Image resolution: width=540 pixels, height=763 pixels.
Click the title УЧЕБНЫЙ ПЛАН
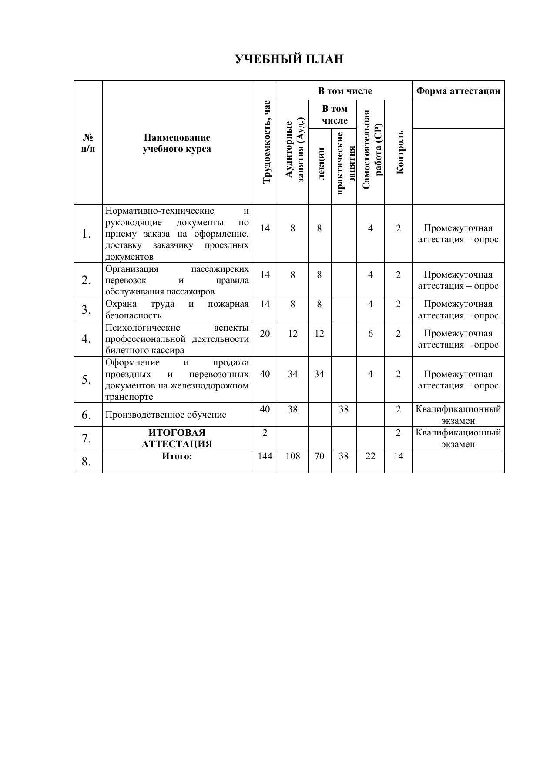(x=289, y=59)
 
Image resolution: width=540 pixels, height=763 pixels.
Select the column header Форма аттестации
(x=458, y=91)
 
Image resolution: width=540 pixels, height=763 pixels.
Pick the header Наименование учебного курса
(x=177, y=143)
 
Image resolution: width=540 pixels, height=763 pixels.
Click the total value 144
(x=265, y=456)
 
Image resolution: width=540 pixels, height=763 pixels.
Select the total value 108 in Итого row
(x=293, y=456)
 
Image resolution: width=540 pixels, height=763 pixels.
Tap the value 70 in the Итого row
(x=319, y=456)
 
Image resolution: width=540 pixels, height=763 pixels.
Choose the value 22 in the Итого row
(x=370, y=456)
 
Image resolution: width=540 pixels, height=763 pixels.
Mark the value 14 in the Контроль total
(x=398, y=456)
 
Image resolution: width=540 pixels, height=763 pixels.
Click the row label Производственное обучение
(x=166, y=415)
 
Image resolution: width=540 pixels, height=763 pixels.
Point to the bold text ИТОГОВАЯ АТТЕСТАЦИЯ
(x=177, y=438)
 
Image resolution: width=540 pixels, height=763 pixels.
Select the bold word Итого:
(x=177, y=456)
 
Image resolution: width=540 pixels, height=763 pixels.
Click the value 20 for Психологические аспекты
(x=265, y=333)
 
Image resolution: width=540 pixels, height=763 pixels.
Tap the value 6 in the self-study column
(x=370, y=333)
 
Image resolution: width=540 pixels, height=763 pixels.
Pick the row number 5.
(x=86, y=380)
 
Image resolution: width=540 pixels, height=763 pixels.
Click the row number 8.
(x=86, y=462)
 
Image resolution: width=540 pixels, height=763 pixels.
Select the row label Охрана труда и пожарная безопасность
(x=177, y=309)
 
